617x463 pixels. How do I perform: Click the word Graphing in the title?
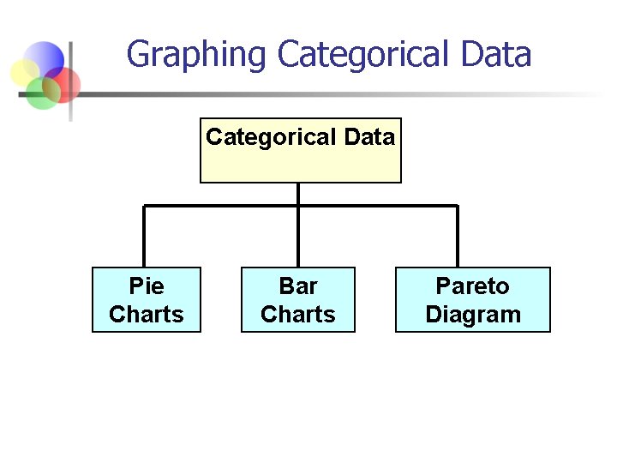pos(196,56)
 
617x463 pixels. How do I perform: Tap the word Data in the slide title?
pos(495,56)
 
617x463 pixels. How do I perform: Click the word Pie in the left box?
pos(147,286)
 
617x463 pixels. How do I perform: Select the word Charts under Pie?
pos(147,315)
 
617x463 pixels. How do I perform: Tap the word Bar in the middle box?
pos(298,286)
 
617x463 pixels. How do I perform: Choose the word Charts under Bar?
pos(298,315)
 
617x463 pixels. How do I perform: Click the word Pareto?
pos(473,286)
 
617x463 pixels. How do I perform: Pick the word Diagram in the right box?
pos(473,315)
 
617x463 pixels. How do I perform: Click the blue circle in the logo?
pos(45,58)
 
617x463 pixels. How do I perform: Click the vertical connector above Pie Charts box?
pos(144,237)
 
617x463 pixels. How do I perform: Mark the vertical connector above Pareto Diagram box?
pos(458,237)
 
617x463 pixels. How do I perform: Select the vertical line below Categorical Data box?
pos(298,194)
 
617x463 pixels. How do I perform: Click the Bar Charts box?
pos(298,300)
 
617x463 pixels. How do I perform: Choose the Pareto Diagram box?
pos(473,300)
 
